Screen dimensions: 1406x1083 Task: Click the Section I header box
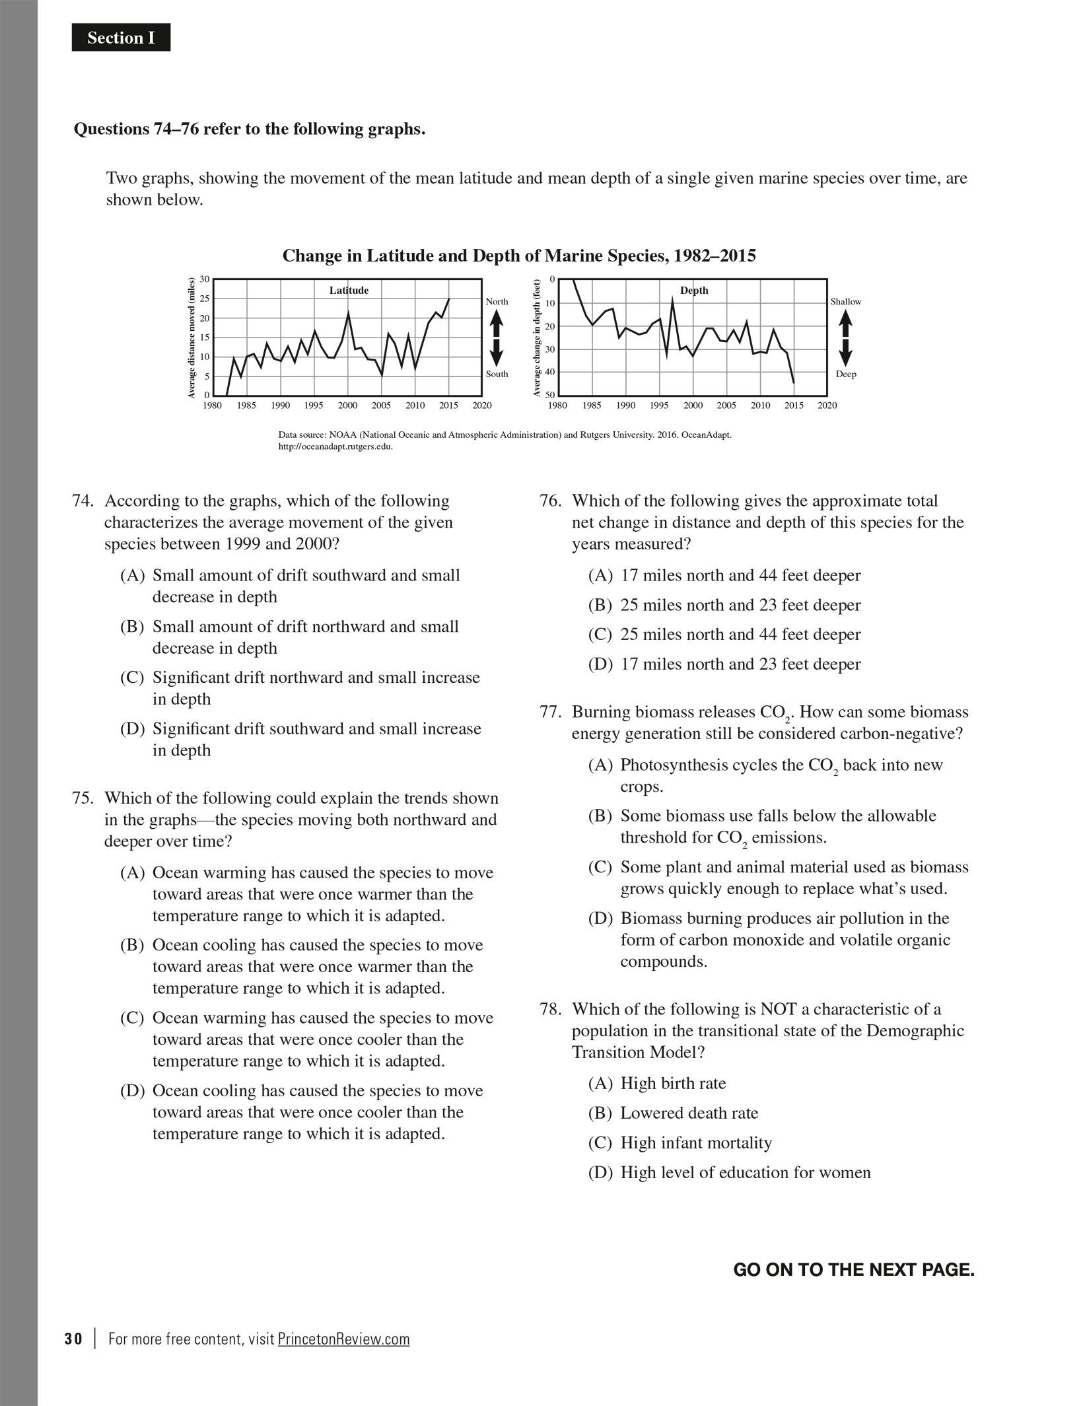121,38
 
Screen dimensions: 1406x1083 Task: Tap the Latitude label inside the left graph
349,291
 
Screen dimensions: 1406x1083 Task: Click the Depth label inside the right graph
694,291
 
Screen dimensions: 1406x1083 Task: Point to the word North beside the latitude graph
497,302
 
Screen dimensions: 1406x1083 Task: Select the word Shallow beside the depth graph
846,302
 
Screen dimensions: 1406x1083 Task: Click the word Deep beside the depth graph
846,374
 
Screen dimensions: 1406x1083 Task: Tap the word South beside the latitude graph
497,374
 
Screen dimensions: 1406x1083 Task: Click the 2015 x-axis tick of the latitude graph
448,405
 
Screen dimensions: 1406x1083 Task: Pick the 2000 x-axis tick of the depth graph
693,405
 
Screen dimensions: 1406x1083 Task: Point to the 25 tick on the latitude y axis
205,299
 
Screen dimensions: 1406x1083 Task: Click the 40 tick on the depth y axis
549,372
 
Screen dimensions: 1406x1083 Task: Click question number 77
549,713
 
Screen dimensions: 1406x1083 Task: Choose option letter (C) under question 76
600,635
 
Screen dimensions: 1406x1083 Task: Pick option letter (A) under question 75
132,873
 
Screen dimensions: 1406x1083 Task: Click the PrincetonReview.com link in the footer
343,1339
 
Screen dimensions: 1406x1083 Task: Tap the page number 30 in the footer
74,1339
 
